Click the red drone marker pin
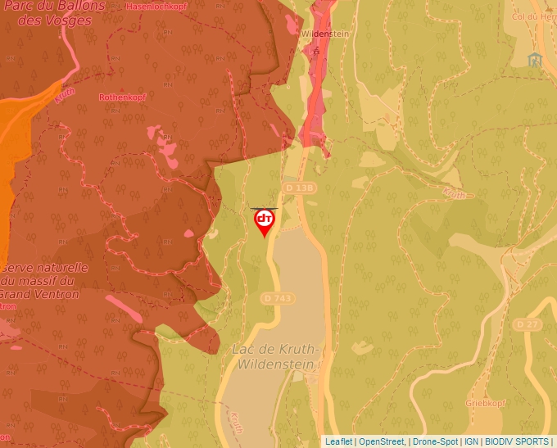[265, 222]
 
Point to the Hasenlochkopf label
[156, 7]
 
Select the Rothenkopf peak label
[121, 97]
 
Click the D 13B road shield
[300, 188]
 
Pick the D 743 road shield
[278, 298]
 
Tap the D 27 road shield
[528, 324]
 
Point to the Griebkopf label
[482, 403]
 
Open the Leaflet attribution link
[338, 441]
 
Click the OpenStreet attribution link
[382, 441]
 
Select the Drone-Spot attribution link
[435, 441]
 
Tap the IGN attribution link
[471, 441]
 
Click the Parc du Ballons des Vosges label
[54, 13]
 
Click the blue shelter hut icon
[536, 60]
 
